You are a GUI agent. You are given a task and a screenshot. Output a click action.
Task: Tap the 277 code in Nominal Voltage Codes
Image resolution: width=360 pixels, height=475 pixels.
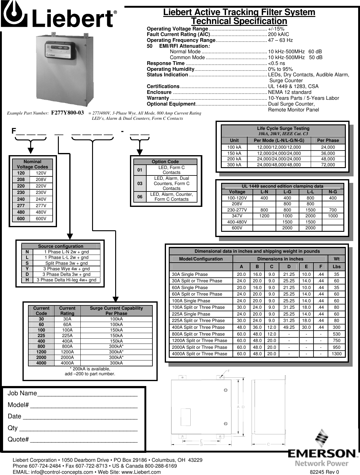tap(21, 206)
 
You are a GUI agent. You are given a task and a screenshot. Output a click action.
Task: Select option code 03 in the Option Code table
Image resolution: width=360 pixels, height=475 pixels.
tap(140, 183)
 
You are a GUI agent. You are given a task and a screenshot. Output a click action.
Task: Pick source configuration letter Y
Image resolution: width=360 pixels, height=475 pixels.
tap(27, 269)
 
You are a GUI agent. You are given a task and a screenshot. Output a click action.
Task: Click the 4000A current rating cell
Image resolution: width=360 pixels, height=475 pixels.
tap(67, 363)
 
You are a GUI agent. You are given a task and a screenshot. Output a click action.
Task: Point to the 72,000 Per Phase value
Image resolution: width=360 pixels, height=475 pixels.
tap(328, 165)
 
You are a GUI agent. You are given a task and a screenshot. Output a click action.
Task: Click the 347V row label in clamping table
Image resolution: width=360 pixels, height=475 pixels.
tap(237, 216)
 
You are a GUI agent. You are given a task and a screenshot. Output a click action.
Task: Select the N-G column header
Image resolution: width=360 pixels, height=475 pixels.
tap(333, 192)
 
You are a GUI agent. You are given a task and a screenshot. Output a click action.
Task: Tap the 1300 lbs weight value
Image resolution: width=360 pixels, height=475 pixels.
tap(336, 354)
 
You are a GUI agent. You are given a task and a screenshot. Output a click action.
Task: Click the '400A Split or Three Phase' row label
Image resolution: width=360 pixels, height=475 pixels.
tap(198, 327)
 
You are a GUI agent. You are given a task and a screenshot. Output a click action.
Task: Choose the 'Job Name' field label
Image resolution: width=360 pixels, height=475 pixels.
tap(22, 393)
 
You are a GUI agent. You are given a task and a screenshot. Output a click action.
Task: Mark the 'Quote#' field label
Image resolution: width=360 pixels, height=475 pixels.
tap(18, 440)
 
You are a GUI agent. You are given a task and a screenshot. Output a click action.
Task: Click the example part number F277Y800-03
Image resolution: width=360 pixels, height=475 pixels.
tap(67, 113)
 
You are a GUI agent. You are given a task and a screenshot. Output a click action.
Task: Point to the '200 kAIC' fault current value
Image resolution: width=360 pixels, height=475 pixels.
tap(278, 34)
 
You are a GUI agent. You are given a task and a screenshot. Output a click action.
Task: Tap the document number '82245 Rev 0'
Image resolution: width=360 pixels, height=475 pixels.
tap(324, 472)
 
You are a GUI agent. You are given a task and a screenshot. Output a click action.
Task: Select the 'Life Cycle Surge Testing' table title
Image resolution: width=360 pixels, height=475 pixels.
tap(283, 128)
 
